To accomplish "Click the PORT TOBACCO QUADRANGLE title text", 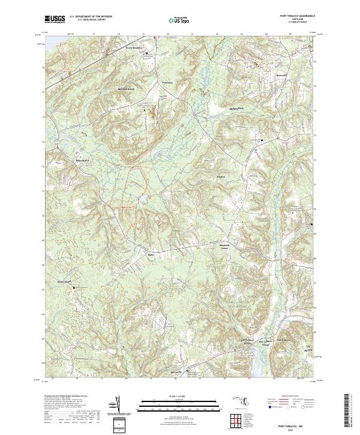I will pyautogui.click(x=296, y=16).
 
